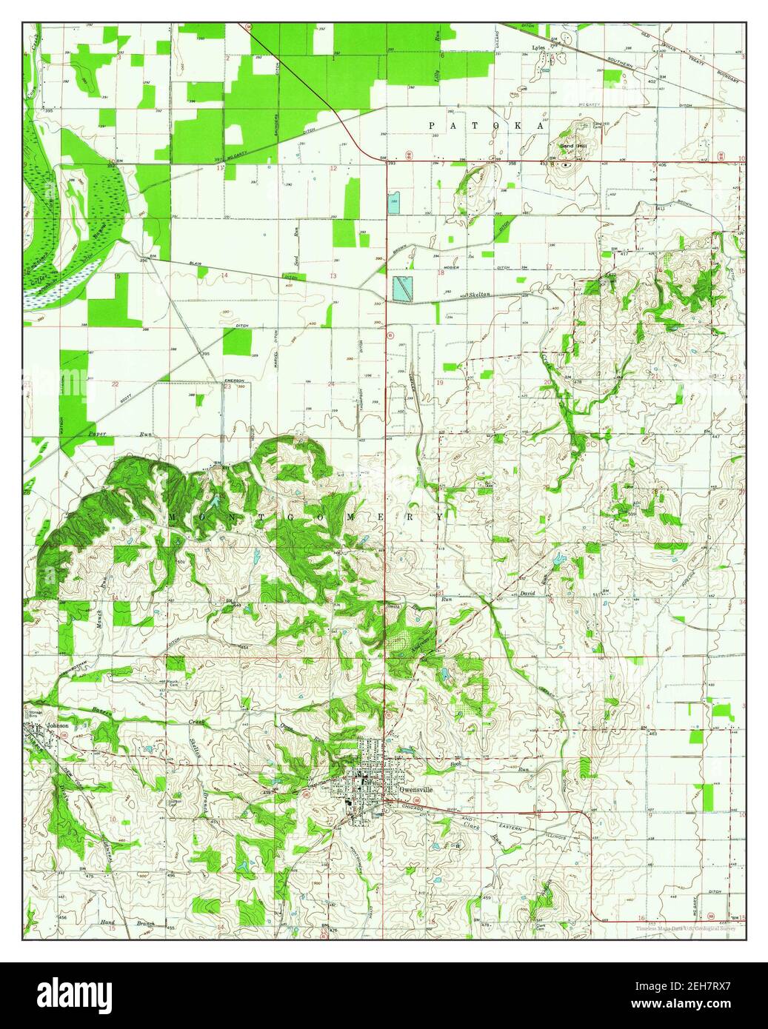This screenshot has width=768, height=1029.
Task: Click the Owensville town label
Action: pos(415,788)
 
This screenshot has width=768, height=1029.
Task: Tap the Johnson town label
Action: pos(57,725)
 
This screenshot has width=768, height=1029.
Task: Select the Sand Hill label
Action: pos(572,147)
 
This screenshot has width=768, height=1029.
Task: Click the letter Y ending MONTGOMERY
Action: pos(442,517)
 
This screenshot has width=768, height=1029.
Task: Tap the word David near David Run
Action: pos(527,594)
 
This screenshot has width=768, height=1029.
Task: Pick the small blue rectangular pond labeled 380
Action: pos(395,201)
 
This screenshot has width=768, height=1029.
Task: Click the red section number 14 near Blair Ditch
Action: pos(222,275)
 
